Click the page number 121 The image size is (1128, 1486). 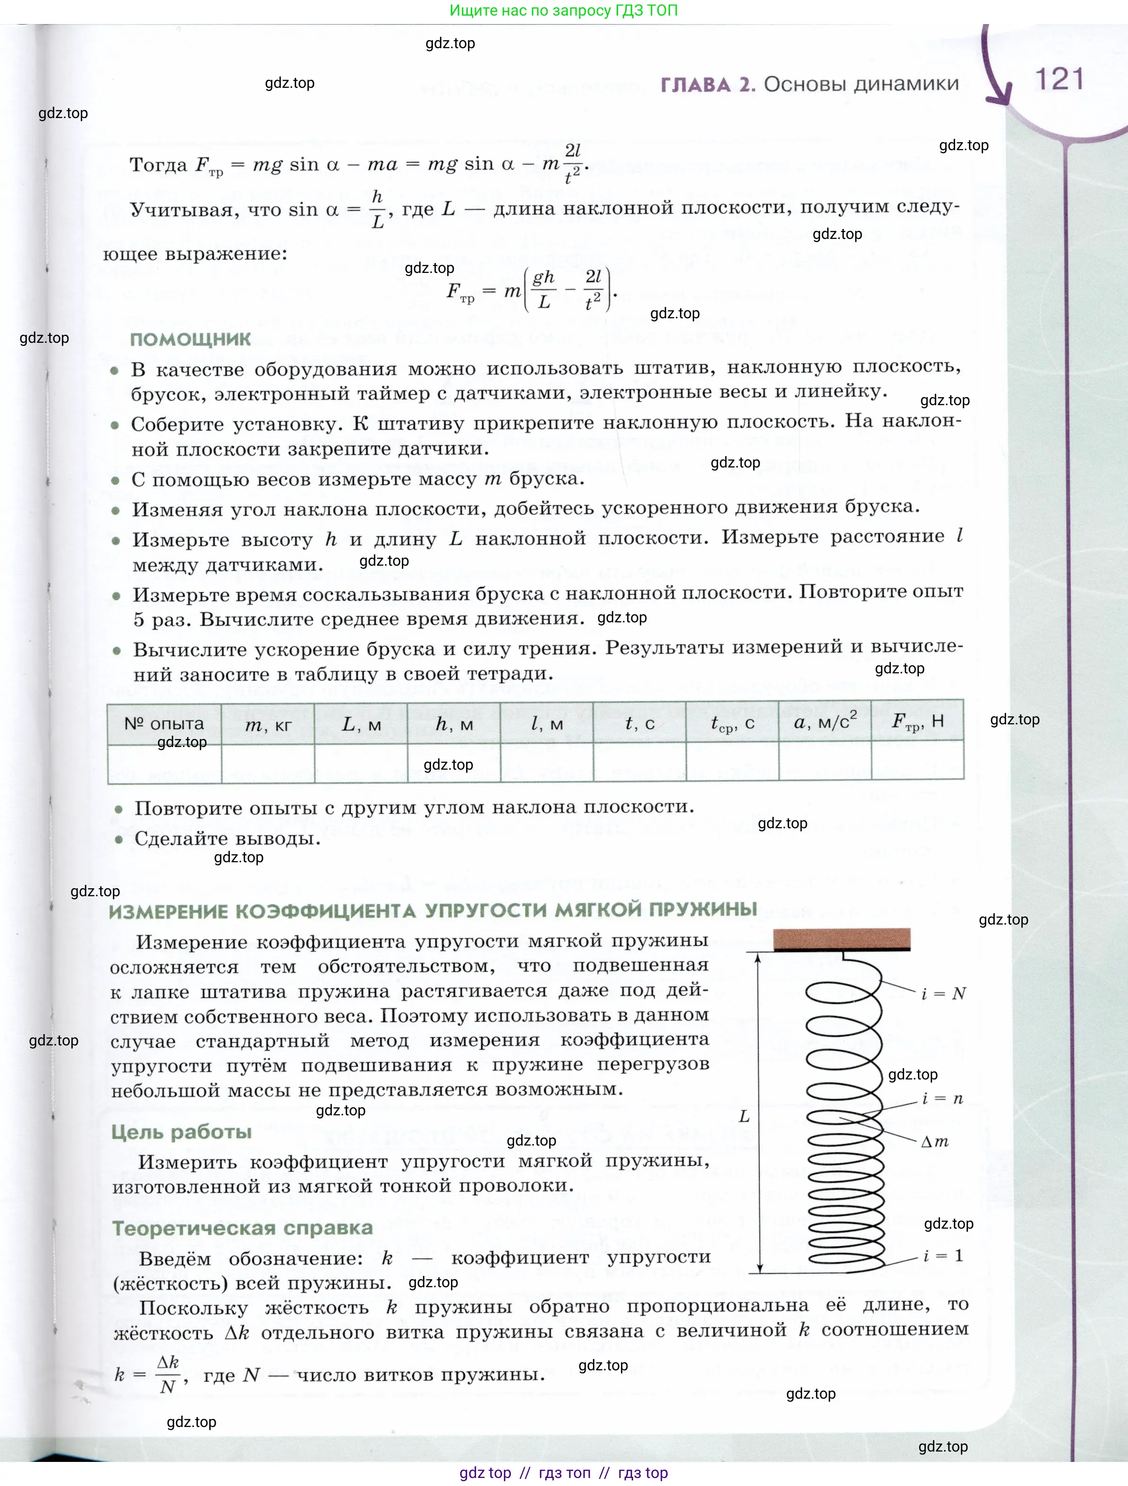pyautogui.click(x=1060, y=79)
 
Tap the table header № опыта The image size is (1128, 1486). pyautogui.click(x=164, y=723)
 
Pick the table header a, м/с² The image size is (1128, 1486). pyautogui.click(x=825, y=722)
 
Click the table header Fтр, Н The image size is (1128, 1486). pyautogui.click(x=918, y=722)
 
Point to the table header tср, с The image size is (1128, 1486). pyautogui.click(x=732, y=723)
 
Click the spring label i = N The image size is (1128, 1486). pyautogui.click(x=943, y=993)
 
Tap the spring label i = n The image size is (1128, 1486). pyautogui.click(x=942, y=1098)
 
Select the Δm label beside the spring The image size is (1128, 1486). pyautogui.click(x=934, y=1141)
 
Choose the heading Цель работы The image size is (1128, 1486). pyautogui.click(x=181, y=1132)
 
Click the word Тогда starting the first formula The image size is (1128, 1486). pyautogui.click(x=158, y=165)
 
